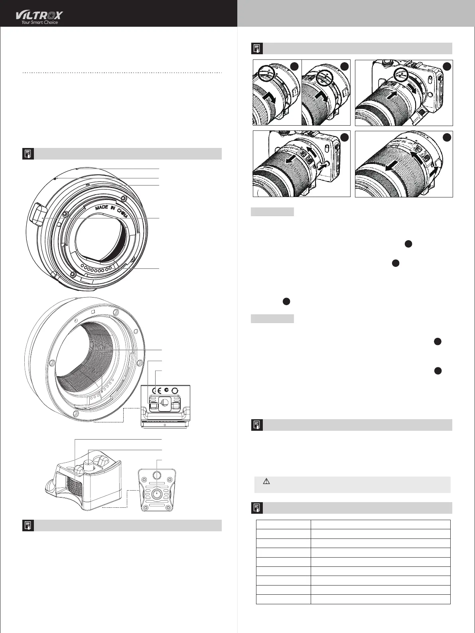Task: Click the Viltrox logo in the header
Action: [x=39, y=15]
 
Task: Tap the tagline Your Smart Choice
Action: [x=39, y=23]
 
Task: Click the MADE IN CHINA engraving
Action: [x=112, y=210]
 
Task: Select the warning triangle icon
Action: [x=267, y=481]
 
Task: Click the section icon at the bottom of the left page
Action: [x=28, y=525]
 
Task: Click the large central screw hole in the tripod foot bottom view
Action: [x=157, y=494]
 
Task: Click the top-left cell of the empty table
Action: [x=283, y=525]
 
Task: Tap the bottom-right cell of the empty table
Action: [x=380, y=599]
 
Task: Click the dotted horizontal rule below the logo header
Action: [x=122, y=73]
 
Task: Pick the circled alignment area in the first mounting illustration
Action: [x=264, y=73]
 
